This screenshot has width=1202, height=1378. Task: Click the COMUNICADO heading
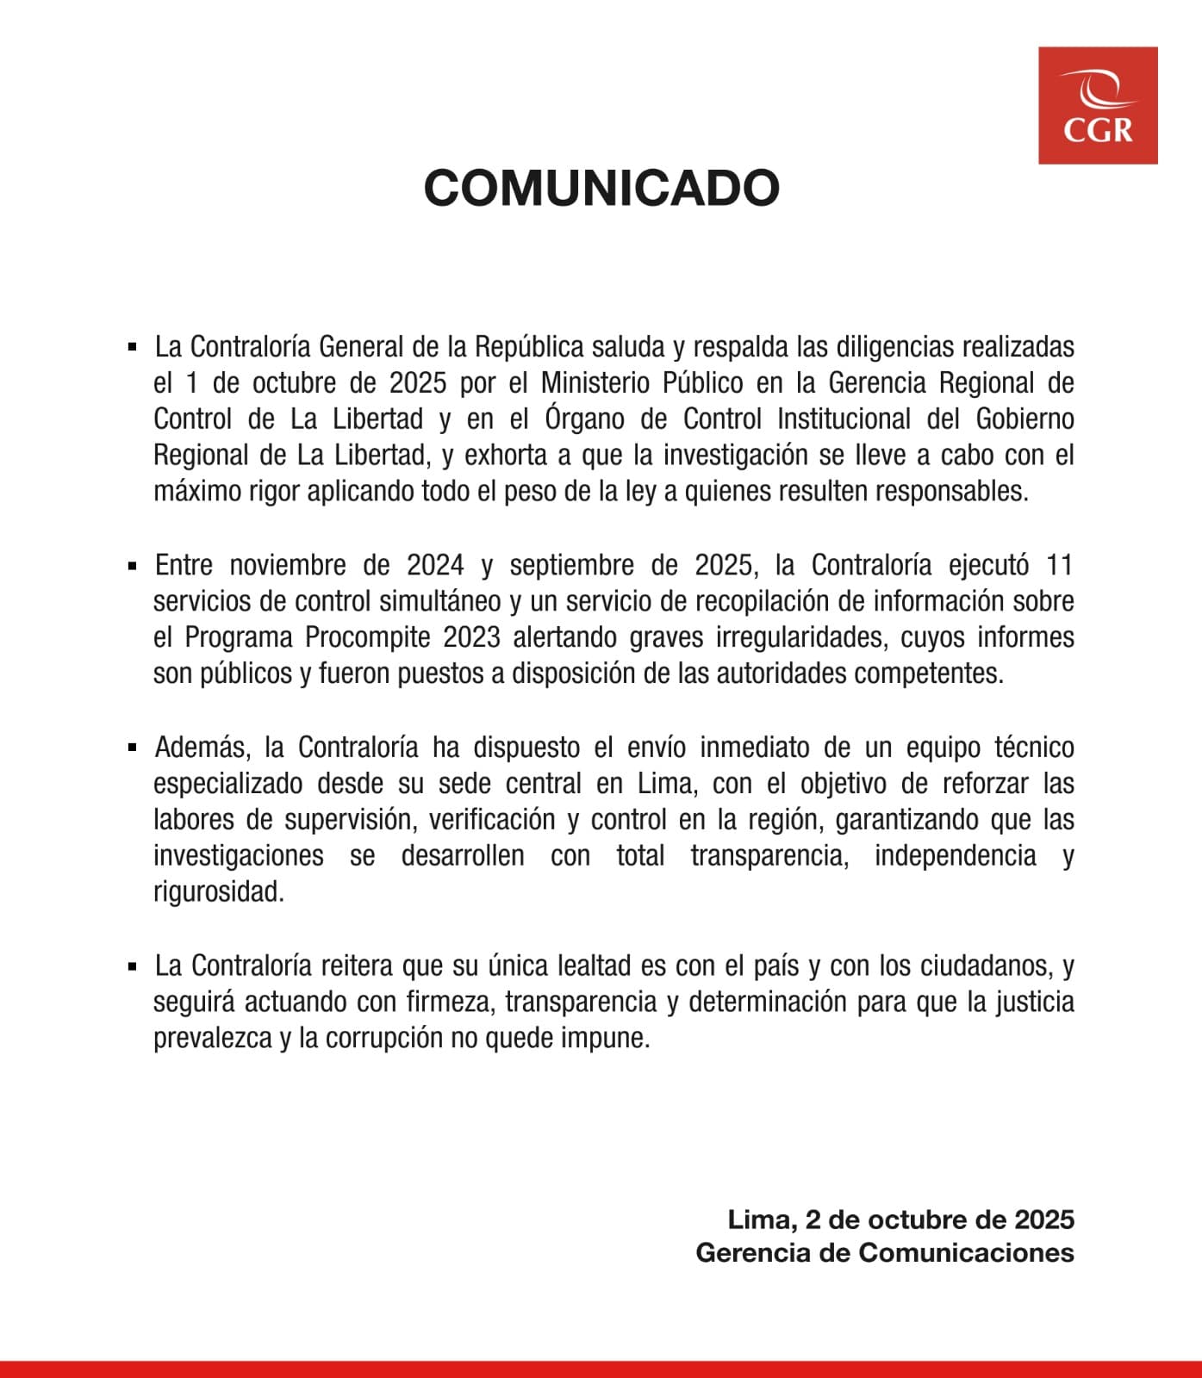click(x=601, y=188)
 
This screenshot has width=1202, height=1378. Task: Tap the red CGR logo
click(x=1098, y=106)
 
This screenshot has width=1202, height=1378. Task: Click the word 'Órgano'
click(x=585, y=419)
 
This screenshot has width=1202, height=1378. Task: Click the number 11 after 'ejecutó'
click(x=1059, y=565)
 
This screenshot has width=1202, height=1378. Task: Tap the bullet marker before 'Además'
click(x=132, y=748)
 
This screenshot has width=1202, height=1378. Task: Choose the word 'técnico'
click(x=1034, y=747)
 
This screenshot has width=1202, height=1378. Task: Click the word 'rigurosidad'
click(x=217, y=892)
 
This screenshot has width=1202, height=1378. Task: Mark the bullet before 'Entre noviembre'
click(x=132, y=566)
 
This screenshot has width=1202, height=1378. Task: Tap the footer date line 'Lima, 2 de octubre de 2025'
click(x=900, y=1220)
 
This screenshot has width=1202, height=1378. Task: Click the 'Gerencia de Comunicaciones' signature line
click(x=885, y=1252)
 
